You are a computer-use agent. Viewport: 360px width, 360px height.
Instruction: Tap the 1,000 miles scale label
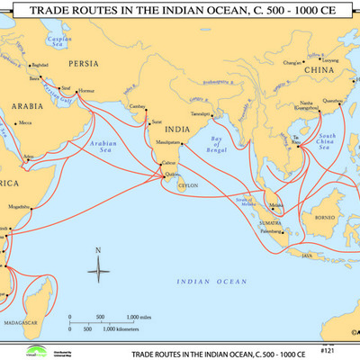pos(138,318)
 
